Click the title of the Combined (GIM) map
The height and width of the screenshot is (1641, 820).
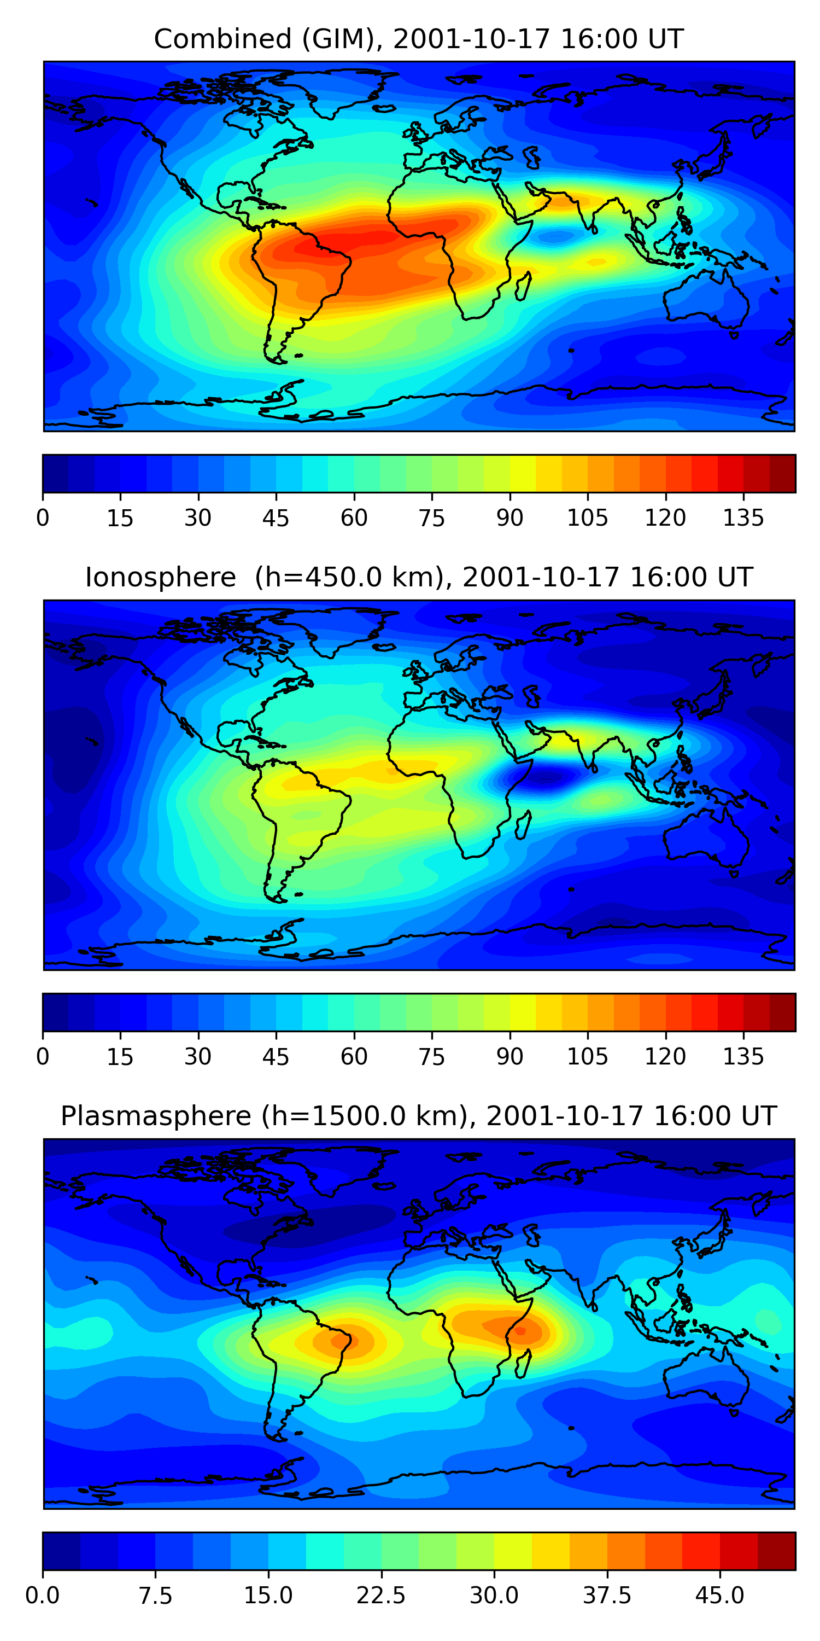(x=418, y=39)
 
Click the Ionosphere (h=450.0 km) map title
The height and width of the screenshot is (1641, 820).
(x=418, y=577)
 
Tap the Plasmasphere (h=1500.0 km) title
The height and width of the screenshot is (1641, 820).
(x=418, y=1115)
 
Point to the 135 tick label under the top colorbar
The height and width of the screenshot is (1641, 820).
(x=743, y=518)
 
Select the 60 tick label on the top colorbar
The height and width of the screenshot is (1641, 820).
(x=354, y=518)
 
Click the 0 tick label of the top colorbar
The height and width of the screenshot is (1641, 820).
(x=43, y=518)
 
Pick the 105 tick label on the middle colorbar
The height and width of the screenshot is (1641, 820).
(x=587, y=1056)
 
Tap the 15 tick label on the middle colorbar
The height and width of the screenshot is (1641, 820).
(x=120, y=1056)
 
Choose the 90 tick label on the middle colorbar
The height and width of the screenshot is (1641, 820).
(x=509, y=1056)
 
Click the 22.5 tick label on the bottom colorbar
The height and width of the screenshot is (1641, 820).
(x=380, y=1596)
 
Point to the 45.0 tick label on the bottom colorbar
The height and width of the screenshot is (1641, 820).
(x=719, y=1596)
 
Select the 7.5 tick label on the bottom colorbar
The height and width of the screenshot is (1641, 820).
(x=155, y=1596)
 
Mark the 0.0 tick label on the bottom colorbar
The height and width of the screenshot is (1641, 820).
(x=43, y=1596)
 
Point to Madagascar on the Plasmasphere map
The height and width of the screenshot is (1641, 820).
(x=523, y=1363)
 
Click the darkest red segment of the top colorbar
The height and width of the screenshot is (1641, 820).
(x=782, y=473)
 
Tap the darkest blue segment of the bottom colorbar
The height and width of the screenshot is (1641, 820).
(x=61, y=1551)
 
